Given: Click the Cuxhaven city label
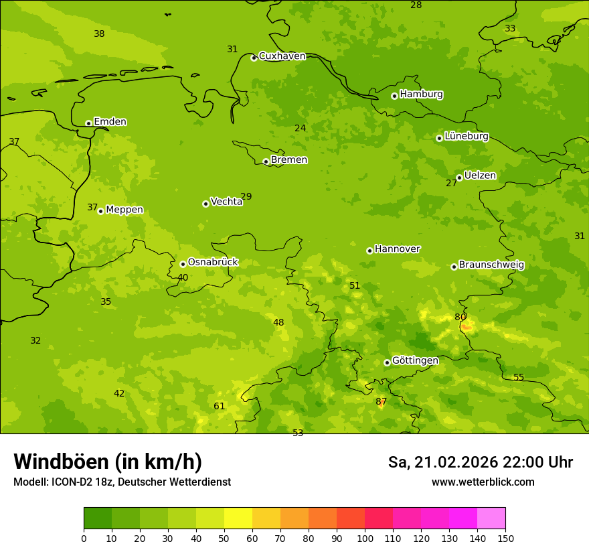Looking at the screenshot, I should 282,56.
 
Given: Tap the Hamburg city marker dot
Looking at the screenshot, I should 395,96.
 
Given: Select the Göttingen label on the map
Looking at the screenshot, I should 415,361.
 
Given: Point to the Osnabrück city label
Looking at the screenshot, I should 213,263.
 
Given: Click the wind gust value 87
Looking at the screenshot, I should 381,402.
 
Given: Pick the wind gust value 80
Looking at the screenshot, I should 460,318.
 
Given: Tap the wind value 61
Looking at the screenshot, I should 220,407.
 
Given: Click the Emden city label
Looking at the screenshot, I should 110,122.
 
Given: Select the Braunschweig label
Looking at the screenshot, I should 491,265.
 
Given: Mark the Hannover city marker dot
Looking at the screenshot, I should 369,251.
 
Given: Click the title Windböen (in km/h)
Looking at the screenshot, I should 108,462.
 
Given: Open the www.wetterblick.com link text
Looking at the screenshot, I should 483,482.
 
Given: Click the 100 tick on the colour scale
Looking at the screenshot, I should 365,538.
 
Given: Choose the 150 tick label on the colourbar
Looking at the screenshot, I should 505,538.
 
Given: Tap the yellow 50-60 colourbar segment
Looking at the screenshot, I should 238,518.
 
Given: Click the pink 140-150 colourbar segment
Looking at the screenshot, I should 491,518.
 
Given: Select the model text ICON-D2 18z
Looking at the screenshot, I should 80,482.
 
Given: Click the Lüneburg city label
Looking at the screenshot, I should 466,137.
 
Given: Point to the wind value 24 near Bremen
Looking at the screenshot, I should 301,129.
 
